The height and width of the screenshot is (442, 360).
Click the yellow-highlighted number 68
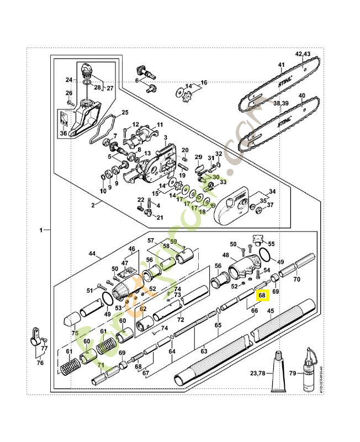(262, 296)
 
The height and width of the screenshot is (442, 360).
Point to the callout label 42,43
(303, 54)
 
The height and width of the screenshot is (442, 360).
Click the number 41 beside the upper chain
(280, 65)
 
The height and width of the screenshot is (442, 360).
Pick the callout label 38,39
(280, 103)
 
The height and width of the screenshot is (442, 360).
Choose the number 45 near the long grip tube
(271, 311)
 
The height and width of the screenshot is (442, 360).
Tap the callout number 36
(63, 133)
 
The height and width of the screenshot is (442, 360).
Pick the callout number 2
(93, 204)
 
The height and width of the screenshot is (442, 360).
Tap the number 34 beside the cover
(272, 191)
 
